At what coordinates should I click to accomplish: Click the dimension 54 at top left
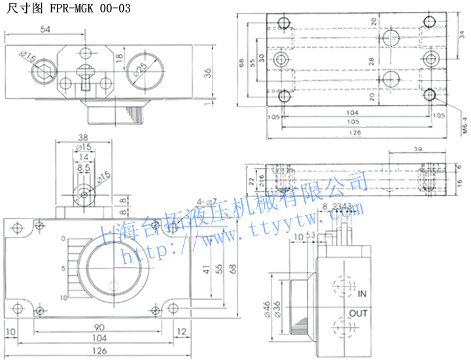coord(45,30)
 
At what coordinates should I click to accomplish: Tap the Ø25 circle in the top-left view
coord(142,68)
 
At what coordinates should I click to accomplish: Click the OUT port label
coord(358,314)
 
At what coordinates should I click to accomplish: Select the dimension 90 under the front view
coord(97,327)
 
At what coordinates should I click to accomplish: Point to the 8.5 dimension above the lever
coord(84,168)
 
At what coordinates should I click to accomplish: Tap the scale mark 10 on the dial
coord(63,297)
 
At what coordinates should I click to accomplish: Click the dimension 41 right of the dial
coord(206,270)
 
